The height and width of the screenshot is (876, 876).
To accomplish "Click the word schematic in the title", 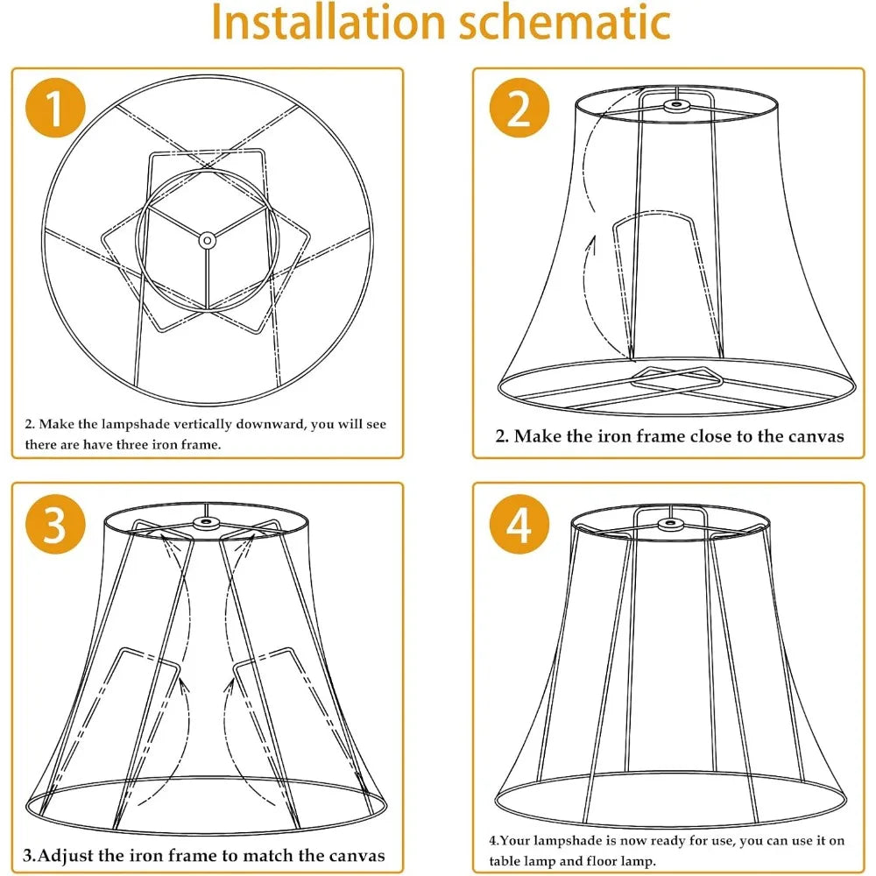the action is (x=565, y=22).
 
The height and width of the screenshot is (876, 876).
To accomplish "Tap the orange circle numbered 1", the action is (x=55, y=108).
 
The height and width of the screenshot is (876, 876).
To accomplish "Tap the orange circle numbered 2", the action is (x=519, y=108).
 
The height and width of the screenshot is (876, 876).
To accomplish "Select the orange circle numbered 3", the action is (x=55, y=524).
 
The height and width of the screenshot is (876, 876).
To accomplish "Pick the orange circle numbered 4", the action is (x=519, y=524).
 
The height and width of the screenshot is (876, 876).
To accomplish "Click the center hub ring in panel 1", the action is (x=208, y=241).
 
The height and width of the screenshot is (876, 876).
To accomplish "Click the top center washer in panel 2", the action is (x=676, y=105).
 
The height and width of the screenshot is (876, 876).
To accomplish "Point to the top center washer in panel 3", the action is (x=207, y=523).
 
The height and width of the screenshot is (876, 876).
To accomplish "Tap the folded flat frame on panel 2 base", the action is (x=677, y=382).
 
